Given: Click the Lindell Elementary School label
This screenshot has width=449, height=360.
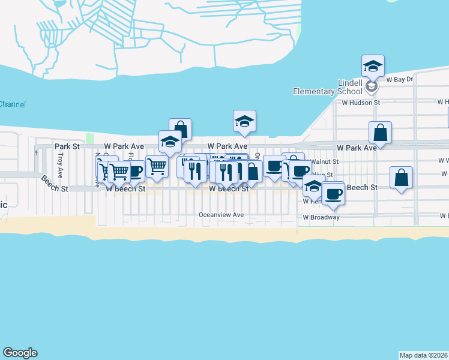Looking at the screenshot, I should (x=327, y=87).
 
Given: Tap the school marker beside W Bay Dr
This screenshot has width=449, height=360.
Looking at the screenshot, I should (x=373, y=67).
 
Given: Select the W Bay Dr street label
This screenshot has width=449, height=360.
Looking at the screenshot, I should (x=400, y=79).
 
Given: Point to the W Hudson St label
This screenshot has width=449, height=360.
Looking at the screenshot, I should (x=361, y=103).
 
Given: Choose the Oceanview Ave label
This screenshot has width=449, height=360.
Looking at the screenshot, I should (x=222, y=215).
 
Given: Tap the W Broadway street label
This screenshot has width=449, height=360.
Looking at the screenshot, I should (x=321, y=217).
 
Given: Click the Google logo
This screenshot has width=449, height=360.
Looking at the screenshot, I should (x=20, y=353).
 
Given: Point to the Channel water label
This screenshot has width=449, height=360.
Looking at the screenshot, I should (x=13, y=104).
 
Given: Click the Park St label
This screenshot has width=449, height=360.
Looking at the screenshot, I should (x=67, y=146).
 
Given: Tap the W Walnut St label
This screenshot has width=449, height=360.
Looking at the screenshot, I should (x=324, y=161).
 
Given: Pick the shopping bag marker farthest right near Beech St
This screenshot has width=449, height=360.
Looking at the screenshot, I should (x=401, y=178).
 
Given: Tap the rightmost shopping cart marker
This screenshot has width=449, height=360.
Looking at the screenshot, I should (x=157, y=166).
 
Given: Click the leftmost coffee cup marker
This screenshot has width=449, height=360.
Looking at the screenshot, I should (x=134, y=172).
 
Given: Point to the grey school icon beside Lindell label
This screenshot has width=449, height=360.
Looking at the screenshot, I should (x=372, y=87).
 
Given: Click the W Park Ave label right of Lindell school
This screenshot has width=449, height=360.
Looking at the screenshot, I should (x=357, y=147).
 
